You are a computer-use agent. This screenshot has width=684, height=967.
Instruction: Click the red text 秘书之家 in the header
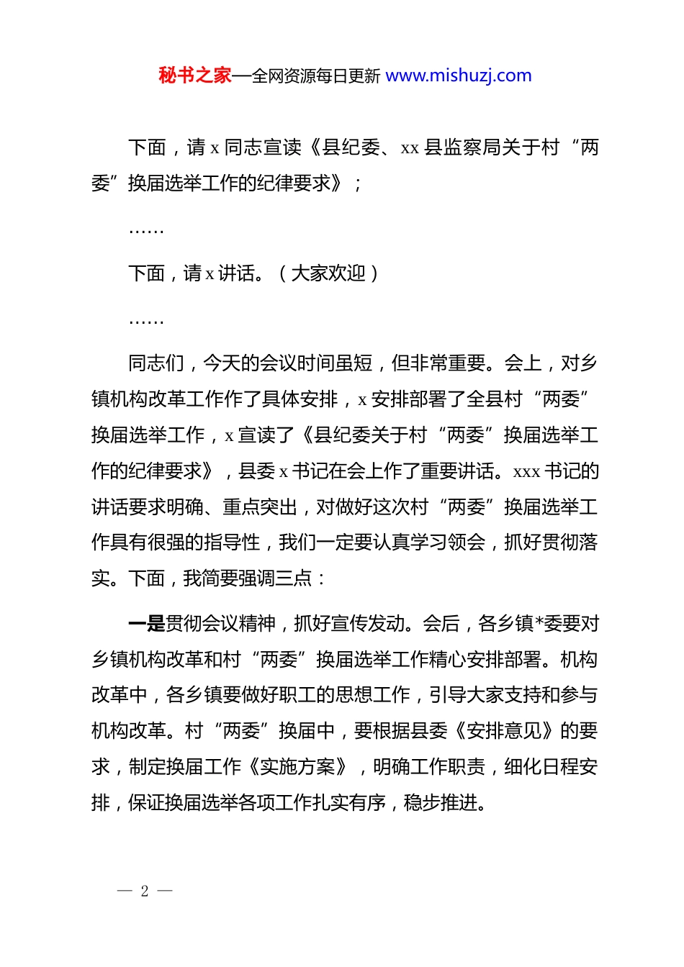click(194, 76)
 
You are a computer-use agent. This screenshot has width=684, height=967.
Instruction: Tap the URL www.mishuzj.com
click(459, 76)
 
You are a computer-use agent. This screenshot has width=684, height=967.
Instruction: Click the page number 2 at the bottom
click(145, 891)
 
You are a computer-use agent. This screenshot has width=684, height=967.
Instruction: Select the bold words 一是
click(147, 623)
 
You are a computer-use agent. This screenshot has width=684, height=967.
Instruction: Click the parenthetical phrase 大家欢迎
click(328, 273)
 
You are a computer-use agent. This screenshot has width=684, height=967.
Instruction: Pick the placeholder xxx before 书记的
click(526, 472)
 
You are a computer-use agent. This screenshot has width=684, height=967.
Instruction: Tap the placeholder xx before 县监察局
click(410, 148)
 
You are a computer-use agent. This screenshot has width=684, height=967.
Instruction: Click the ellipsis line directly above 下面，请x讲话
click(146, 230)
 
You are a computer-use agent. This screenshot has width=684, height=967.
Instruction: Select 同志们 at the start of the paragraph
click(156, 363)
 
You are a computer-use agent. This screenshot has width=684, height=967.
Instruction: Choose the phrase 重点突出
click(259, 507)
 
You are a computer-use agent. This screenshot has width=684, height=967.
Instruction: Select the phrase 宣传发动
click(368, 623)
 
